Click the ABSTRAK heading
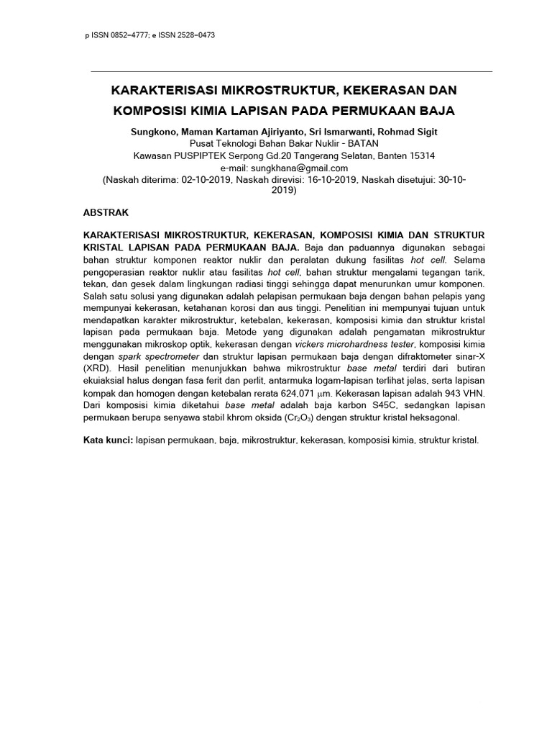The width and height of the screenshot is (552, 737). pyautogui.click(x=106, y=214)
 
